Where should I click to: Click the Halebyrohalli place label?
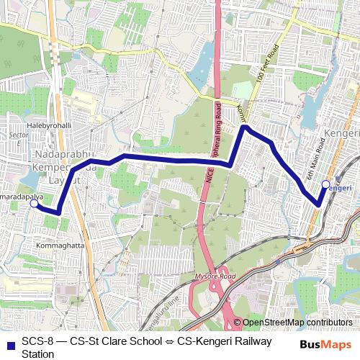pyautogui.click(x=50, y=125)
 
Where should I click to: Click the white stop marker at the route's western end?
pyautogui.click(x=34, y=204)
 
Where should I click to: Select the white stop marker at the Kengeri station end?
pyautogui.click(x=325, y=184)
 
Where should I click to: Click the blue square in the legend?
pyautogui.click(x=8, y=341)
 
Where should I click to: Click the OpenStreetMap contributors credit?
pyautogui.click(x=297, y=323)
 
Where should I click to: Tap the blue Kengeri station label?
pyautogui.click(x=338, y=187)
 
